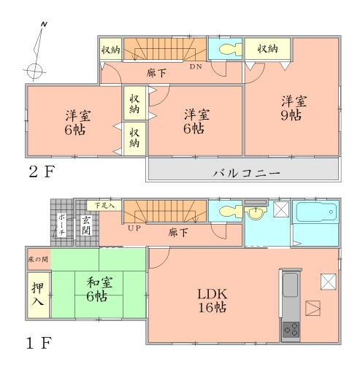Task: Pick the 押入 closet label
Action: tap(38, 294)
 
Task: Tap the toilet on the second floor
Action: tap(226, 50)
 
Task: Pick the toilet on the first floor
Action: tap(226, 213)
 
